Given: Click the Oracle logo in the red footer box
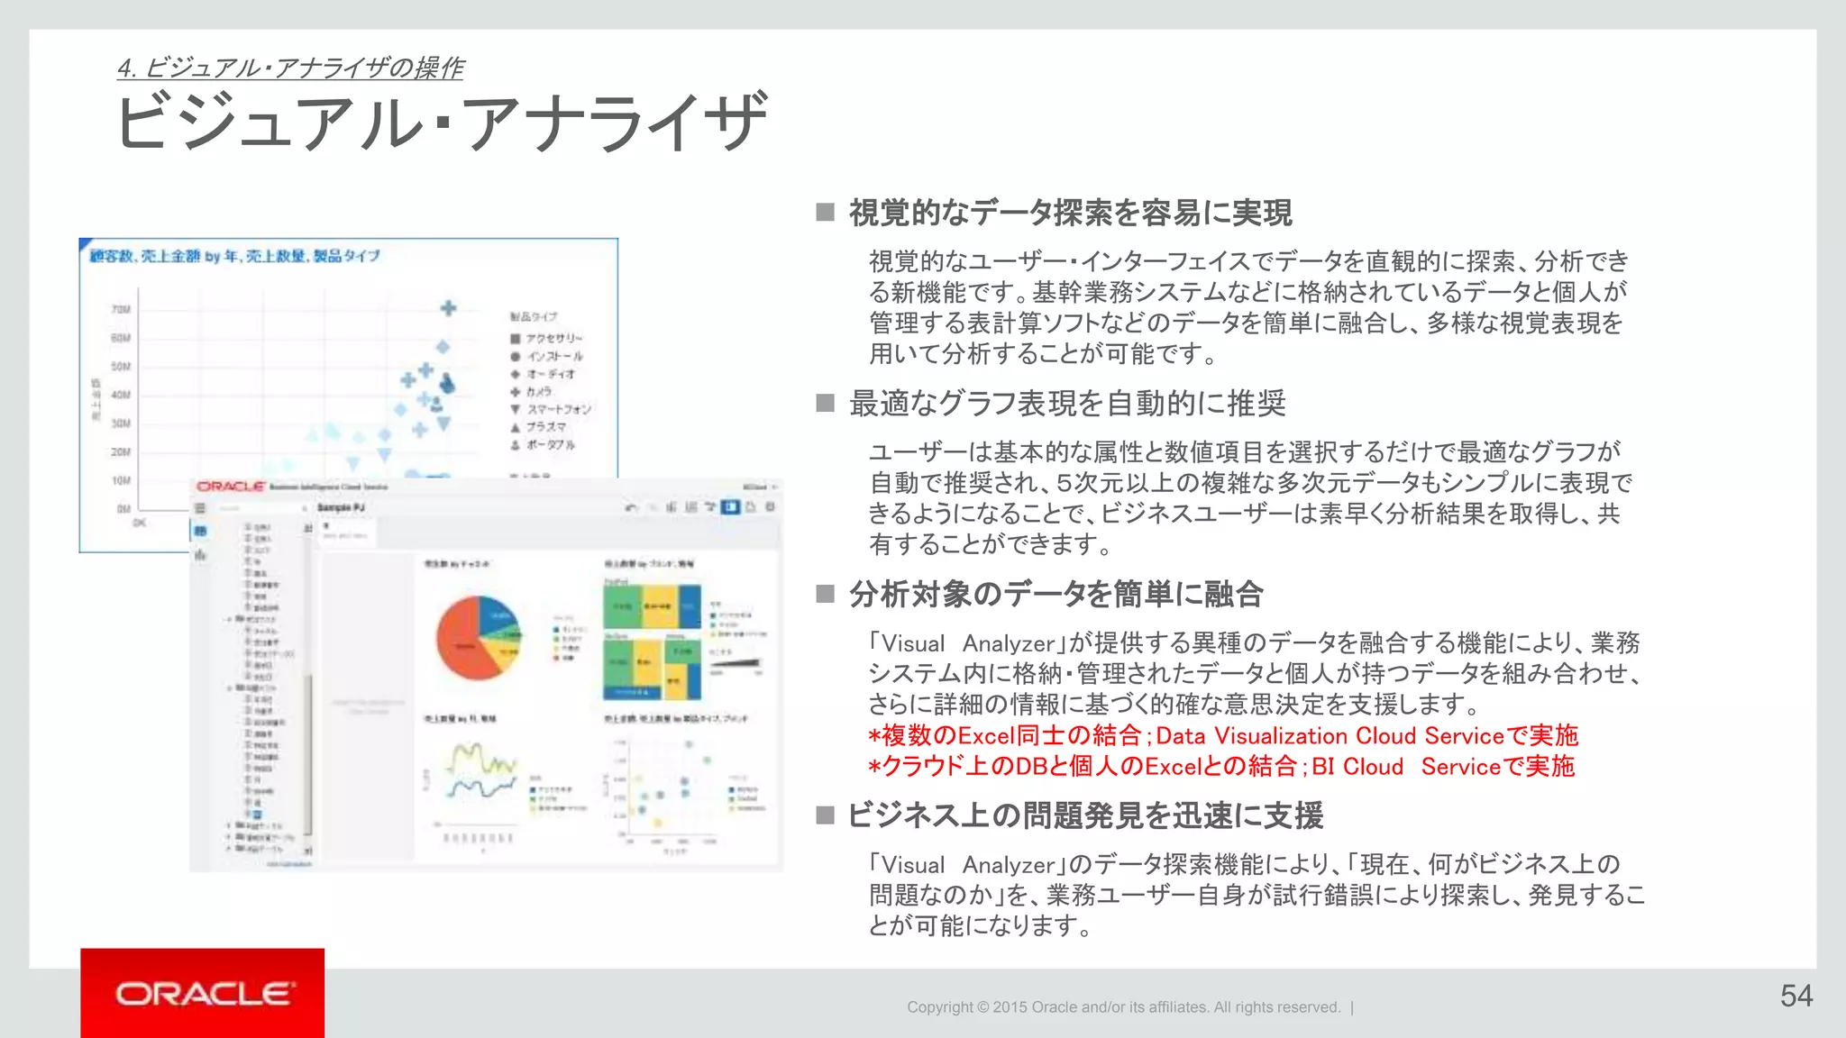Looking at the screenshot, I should click(x=204, y=994).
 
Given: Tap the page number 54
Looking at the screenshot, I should click(x=1796, y=996).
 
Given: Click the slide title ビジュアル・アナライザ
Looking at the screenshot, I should click(x=442, y=123).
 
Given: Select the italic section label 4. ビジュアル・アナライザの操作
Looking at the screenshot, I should click(x=290, y=68).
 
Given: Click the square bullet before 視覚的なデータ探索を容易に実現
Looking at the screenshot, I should click(x=825, y=213).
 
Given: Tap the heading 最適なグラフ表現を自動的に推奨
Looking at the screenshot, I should click(x=1067, y=404).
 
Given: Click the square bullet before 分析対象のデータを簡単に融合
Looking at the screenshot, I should click(x=825, y=594).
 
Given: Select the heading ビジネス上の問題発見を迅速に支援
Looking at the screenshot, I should click(x=1085, y=815).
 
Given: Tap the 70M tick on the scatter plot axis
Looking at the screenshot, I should click(x=121, y=309).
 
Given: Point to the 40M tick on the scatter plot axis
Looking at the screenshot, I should click(x=121, y=395).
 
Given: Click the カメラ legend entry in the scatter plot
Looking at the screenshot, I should click(x=538, y=392).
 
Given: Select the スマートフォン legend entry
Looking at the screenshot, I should click(x=558, y=409).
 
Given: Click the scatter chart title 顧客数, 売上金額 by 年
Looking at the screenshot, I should click(x=234, y=257).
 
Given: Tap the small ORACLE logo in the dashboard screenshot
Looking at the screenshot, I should click(x=231, y=487).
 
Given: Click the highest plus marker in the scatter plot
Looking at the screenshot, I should click(x=448, y=308).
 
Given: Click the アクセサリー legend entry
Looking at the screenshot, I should click(x=553, y=339).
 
